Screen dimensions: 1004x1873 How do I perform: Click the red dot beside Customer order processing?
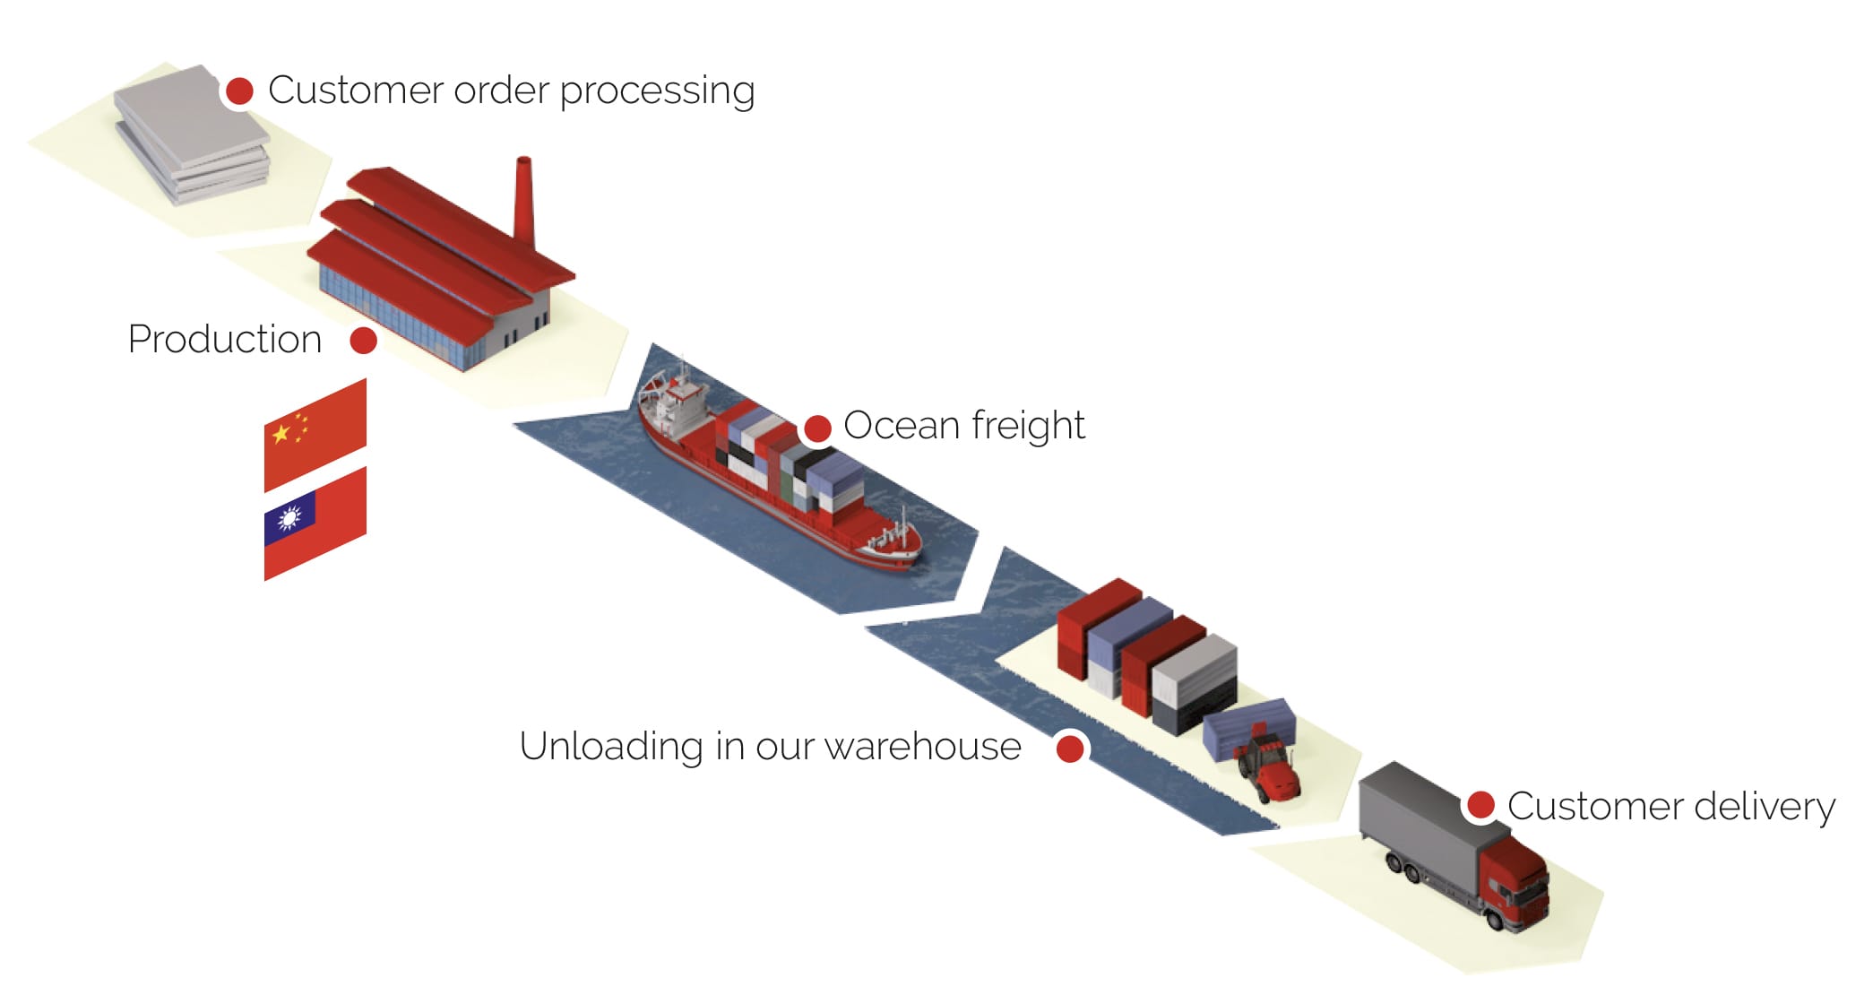[239, 91]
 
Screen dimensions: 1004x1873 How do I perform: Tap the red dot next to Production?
[363, 341]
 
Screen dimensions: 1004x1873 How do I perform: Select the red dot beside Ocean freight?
[817, 428]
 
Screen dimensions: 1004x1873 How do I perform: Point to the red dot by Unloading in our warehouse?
[1070, 748]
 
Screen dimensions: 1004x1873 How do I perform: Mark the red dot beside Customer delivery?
[1480, 805]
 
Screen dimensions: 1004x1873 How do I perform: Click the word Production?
[224, 340]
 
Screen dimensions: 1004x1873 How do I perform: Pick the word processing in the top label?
[657, 91]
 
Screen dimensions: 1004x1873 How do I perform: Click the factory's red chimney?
[523, 202]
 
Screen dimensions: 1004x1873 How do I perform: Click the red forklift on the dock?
[1269, 769]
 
